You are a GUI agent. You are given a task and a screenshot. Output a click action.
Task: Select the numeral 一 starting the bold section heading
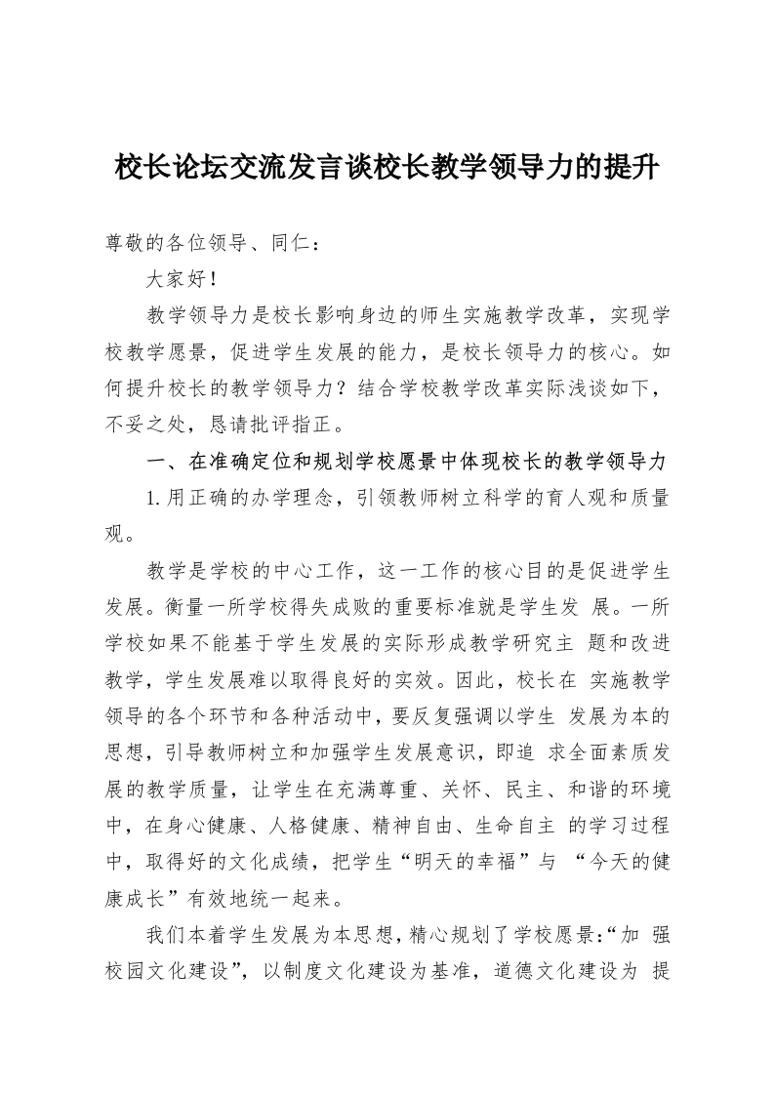[x=155, y=461]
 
